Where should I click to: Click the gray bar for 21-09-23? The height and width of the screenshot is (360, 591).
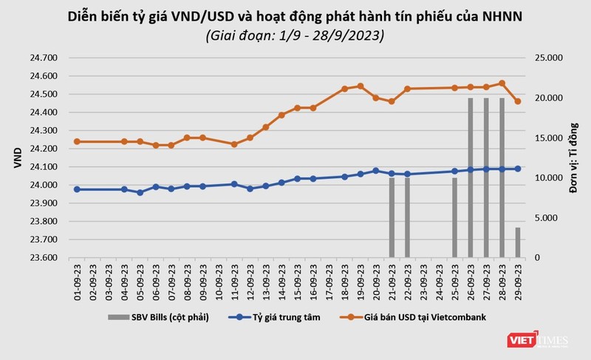pyautogui.click(x=392, y=217)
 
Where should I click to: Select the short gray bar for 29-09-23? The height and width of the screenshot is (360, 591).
pyautogui.click(x=518, y=242)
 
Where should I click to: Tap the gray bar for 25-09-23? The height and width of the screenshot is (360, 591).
pyautogui.click(x=454, y=217)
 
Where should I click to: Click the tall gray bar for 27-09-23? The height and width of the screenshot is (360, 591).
pyautogui.click(x=486, y=177)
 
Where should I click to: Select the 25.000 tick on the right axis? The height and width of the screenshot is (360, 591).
pyautogui.click(x=544, y=58)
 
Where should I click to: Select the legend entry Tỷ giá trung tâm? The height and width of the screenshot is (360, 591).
pyautogui.click(x=270, y=318)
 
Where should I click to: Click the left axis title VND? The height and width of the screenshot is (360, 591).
pyautogui.click(x=17, y=157)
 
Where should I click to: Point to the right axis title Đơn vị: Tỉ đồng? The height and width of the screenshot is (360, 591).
pyautogui.click(x=573, y=157)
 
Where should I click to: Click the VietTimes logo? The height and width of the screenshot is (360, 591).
pyautogui.click(x=537, y=341)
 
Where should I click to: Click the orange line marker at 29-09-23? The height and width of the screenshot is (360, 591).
pyautogui.click(x=518, y=101)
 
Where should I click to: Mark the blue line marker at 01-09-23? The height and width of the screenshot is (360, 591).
pyautogui.click(x=77, y=189)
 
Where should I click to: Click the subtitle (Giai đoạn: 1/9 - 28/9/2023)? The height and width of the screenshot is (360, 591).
pyautogui.click(x=295, y=34)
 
